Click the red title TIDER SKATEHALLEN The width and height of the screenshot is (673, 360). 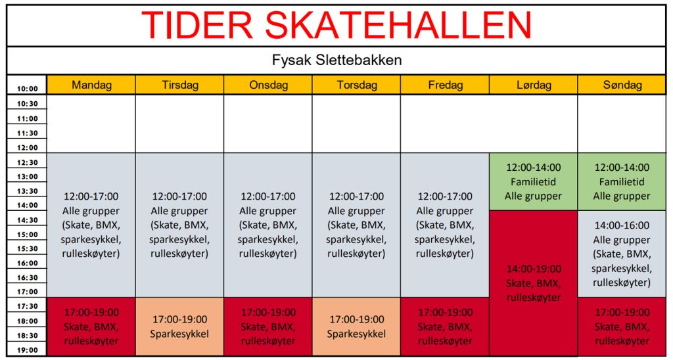(336, 25)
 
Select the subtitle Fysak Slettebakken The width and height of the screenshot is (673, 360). (337, 60)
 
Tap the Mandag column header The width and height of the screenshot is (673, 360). (91, 85)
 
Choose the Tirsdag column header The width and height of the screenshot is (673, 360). (180, 85)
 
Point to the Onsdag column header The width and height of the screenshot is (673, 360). (268, 85)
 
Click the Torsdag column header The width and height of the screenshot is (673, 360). (357, 85)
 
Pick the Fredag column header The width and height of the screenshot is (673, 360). (445, 85)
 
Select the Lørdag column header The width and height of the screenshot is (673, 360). (534, 85)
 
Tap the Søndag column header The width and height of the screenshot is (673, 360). (622, 85)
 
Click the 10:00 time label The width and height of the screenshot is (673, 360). (28, 89)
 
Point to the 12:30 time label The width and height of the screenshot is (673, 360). (28, 163)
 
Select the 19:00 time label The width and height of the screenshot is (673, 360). (28, 350)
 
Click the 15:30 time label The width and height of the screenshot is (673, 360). (28, 249)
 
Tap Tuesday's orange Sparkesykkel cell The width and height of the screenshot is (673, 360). (180, 326)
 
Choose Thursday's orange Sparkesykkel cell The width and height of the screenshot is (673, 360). (357, 326)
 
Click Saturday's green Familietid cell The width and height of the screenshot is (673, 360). (534, 181)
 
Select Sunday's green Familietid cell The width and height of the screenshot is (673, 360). (622, 181)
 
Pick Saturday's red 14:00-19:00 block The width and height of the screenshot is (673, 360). (534, 283)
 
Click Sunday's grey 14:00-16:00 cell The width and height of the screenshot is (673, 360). (622, 254)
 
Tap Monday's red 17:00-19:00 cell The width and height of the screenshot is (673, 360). (91, 326)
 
